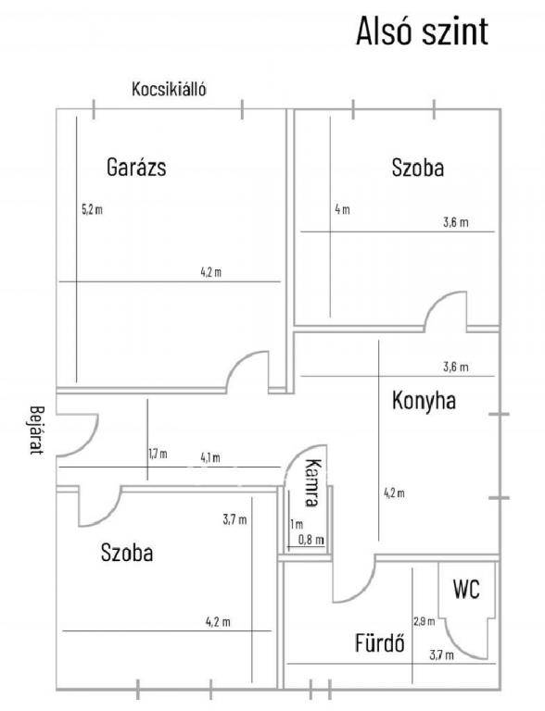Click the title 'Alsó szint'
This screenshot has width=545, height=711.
coord(422,31)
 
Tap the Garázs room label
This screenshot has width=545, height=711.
coord(136,167)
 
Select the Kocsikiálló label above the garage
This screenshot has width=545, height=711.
coord(169,89)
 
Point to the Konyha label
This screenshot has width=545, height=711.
coord(424,401)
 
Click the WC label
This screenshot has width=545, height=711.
coord(466,590)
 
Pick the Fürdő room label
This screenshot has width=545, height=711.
coord(379,642)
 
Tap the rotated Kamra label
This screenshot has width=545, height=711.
coord(313,482)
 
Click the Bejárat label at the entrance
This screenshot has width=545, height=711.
coord(36,430)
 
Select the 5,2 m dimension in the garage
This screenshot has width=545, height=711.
coord(92,209)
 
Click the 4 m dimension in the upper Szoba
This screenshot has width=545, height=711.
coord(342,209)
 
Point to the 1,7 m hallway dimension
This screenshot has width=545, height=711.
coord(158,454)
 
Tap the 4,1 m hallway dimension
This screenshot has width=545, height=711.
coord(210,457)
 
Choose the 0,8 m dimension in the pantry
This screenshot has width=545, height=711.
coord(311,540)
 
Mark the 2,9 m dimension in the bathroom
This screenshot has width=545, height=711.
coord(425,621)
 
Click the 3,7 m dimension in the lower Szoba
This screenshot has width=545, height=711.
coord(234,519)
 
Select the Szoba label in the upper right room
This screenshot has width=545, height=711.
coord(418,168)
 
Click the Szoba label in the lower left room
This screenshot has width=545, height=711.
coord(127,553)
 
